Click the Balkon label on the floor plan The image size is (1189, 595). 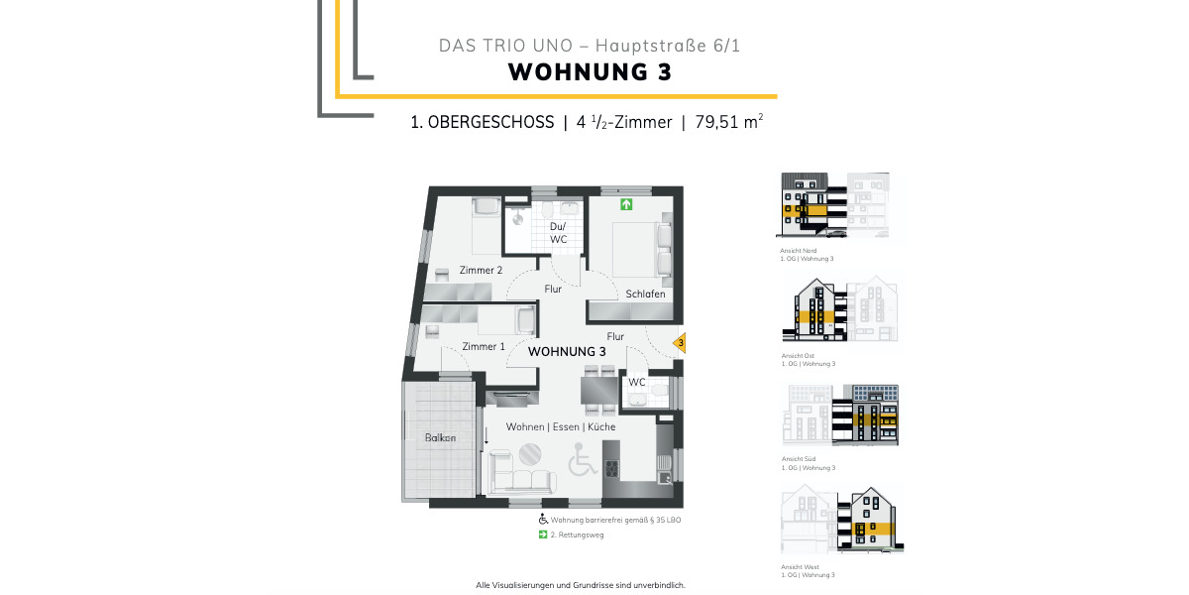[441, 438]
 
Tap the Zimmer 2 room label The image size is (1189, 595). [481, 270]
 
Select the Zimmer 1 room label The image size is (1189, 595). [484, 346]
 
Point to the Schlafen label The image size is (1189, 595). [645, 295]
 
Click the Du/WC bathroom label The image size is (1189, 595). [559, 233]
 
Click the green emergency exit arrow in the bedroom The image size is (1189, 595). [625, 205]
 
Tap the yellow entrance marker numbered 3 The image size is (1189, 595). [679, 344]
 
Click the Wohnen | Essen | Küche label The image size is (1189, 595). [561, 426]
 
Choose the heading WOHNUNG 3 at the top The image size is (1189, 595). [590, 72]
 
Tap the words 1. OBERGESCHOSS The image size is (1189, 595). [482, 123]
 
